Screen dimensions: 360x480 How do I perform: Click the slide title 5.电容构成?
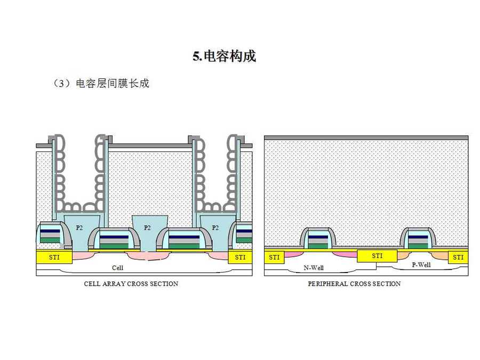click(x=224, y=56)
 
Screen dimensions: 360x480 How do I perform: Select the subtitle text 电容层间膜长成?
click(x=113, y=84)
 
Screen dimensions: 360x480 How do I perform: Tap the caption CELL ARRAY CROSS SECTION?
click(x=131, y=284)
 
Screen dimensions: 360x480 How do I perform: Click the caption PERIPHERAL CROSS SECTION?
click(x=354, y=284)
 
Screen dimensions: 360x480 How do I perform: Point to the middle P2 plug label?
click(x=148, y=228)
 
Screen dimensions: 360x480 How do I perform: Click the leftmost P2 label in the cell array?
click(x=79, y=228)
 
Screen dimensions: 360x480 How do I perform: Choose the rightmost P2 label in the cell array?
click(x=215, y=228)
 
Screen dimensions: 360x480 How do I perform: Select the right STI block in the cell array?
click(x=240, y=257)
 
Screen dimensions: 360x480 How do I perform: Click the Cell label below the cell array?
click(x=117, y=268)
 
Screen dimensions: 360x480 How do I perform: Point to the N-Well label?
click(x=314, y=268)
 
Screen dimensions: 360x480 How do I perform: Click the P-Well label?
click(x=421, y=265)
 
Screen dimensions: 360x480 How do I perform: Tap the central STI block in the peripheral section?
click(x=377, y=256)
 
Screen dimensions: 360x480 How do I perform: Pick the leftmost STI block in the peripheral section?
click(x=274, y=258)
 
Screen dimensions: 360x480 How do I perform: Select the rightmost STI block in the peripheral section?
click(x=458, y=258)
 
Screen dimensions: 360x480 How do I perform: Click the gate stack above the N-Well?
click(x=318, y=238)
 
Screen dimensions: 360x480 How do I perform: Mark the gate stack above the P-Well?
click(x=418, y=238)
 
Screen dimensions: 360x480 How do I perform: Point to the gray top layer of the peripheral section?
click(x=366, y=138)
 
